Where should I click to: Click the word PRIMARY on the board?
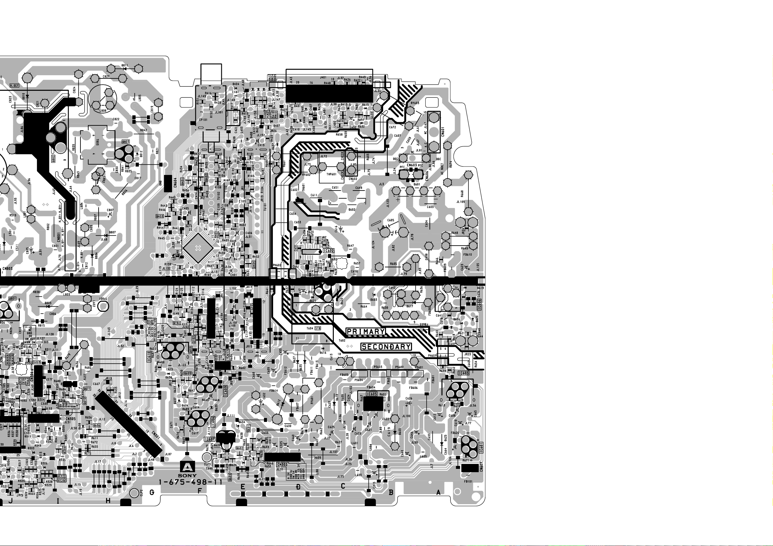pos(366,331)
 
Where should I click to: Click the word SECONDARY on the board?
pos(386,346)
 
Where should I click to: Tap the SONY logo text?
pos(187,475)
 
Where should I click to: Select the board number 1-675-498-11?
pos(190,482)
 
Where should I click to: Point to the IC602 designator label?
pos(329,250)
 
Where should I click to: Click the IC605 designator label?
pos(372,394)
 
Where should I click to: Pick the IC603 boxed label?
pos(464,373)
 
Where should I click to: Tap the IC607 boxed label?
pos(210,439)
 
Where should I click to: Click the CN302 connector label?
pos(283,465)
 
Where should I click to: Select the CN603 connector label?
pos(412,166)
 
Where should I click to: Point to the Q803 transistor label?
pos(126,142)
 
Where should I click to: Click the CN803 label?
pos(7,268)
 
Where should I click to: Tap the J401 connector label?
pos(323,77)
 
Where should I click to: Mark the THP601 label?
pos(331,174)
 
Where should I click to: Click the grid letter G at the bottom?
pos(152,492)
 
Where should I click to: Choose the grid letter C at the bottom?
pos(343,486)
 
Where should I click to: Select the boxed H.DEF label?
pos(15,86)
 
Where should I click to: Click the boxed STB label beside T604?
pos(318,328)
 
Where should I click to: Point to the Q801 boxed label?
pos(12,299)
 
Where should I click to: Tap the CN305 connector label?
pos(70,419)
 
